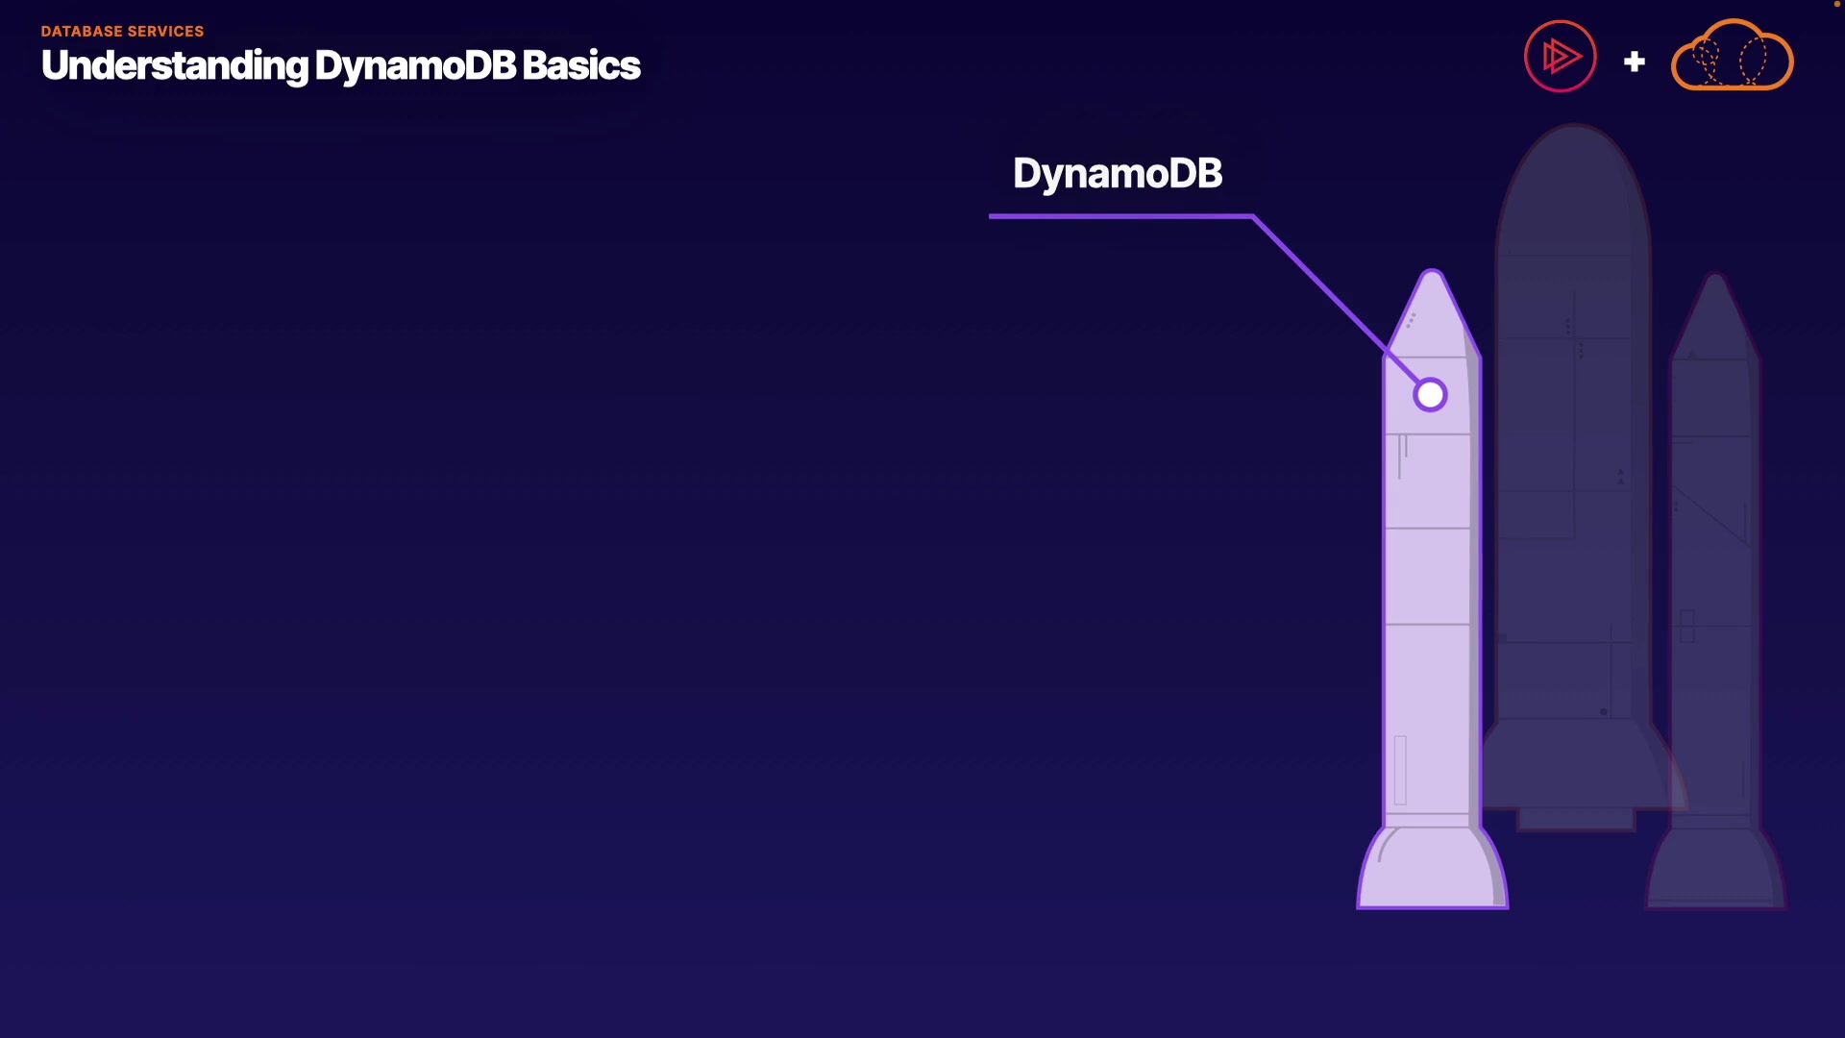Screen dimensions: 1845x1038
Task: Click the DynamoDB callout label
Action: (x=1117, y=174)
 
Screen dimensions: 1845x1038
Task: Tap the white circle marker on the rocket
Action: (x=1430, y=395)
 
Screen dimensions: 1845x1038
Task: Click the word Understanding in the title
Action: (x=175, y=66)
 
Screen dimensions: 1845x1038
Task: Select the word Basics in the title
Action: (x=580, y=66)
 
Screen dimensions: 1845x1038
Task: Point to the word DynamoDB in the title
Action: (x=415, y=66)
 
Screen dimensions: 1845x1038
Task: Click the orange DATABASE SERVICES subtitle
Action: (x=122, y=32)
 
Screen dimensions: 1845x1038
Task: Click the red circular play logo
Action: (x=1560, y=57)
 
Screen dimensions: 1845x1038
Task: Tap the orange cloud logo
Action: (x=1732, y=57)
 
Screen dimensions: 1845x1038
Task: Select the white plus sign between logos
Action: (x=1634, y=62)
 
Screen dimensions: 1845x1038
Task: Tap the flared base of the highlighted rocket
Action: (x=1432, y=870)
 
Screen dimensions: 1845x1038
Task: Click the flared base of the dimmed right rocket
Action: (x=1715, y=870)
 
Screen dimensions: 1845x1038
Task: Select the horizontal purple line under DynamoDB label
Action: (x=1119, y=216)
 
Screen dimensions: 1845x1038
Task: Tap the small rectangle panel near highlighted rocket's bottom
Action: (x=1400, y=769)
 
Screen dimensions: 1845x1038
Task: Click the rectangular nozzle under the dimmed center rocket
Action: (x=1576, y=819)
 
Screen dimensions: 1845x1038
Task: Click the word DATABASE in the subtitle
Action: (x=81, y=32)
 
